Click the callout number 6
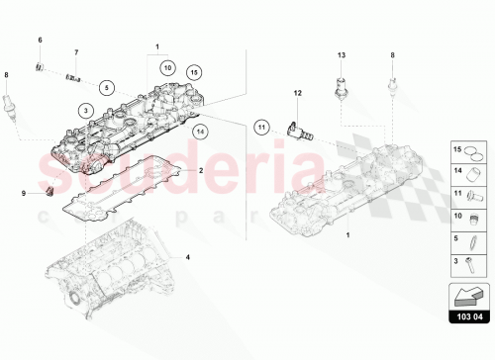tap(41, 39)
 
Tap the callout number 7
tap(75, 51)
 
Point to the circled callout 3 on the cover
tap(86, 109)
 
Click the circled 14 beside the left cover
tap(202, 130)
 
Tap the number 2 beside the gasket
tap(200, 170)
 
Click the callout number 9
tap(26, 192)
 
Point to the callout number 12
tap(296, 93)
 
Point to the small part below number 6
tap(40, 67)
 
